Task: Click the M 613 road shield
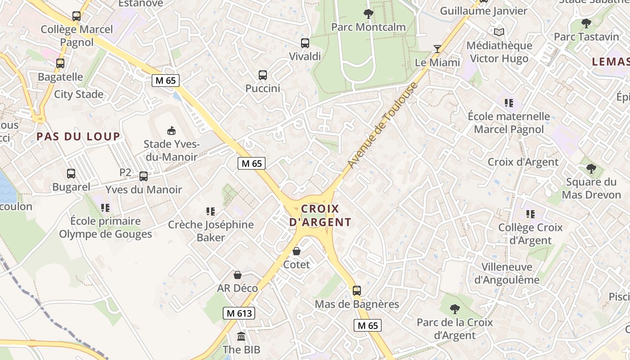click(239, 313)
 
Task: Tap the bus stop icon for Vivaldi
click(305, 43)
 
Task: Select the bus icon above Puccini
click(263, 75)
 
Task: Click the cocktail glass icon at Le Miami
click(437, 49)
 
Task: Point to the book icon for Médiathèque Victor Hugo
click(499, 32)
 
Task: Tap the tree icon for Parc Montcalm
click(368, 14)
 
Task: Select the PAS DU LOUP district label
click(78, 136)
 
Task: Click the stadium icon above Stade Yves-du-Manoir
click(171, 131)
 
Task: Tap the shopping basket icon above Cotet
click(297, 251)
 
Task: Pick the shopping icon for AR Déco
click(238, 275)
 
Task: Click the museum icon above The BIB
click(241, 336)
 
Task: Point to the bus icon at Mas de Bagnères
click(357, 291)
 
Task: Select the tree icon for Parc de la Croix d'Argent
click(455, 309)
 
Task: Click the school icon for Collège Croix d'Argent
click(531, 214)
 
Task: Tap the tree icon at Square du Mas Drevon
click(591, 169)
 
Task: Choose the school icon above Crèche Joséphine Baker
click(210, 211)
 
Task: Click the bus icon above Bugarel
click(71, 174)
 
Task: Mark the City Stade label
click(79, 94)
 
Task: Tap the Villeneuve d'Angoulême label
click(507, 273)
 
